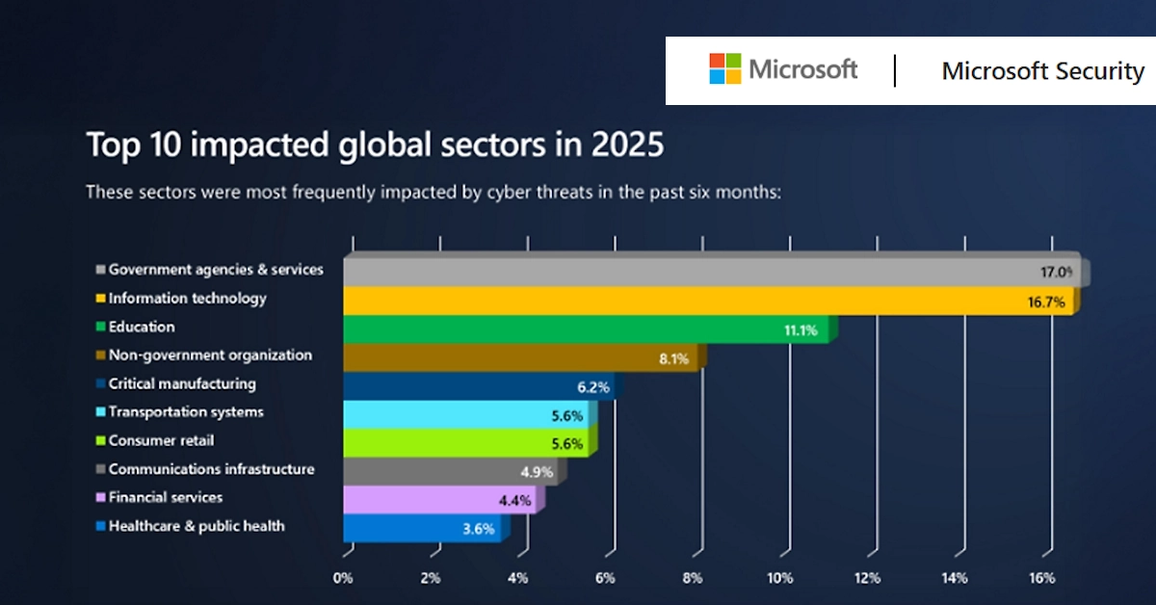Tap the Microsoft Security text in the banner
coord(1042,71)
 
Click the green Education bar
coord(588,329)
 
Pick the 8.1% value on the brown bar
coord(673,358)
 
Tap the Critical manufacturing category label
coord(181,383)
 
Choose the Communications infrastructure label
coord(211,469)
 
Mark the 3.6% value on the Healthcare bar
coord(478,528)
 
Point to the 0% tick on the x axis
coord(343,578)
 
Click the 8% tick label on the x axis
coord(692,578)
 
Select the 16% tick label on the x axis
coord(1041,578)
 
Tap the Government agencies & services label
coord(215,270)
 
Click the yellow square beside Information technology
coord(99,299)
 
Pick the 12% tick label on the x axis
coord(866,578)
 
